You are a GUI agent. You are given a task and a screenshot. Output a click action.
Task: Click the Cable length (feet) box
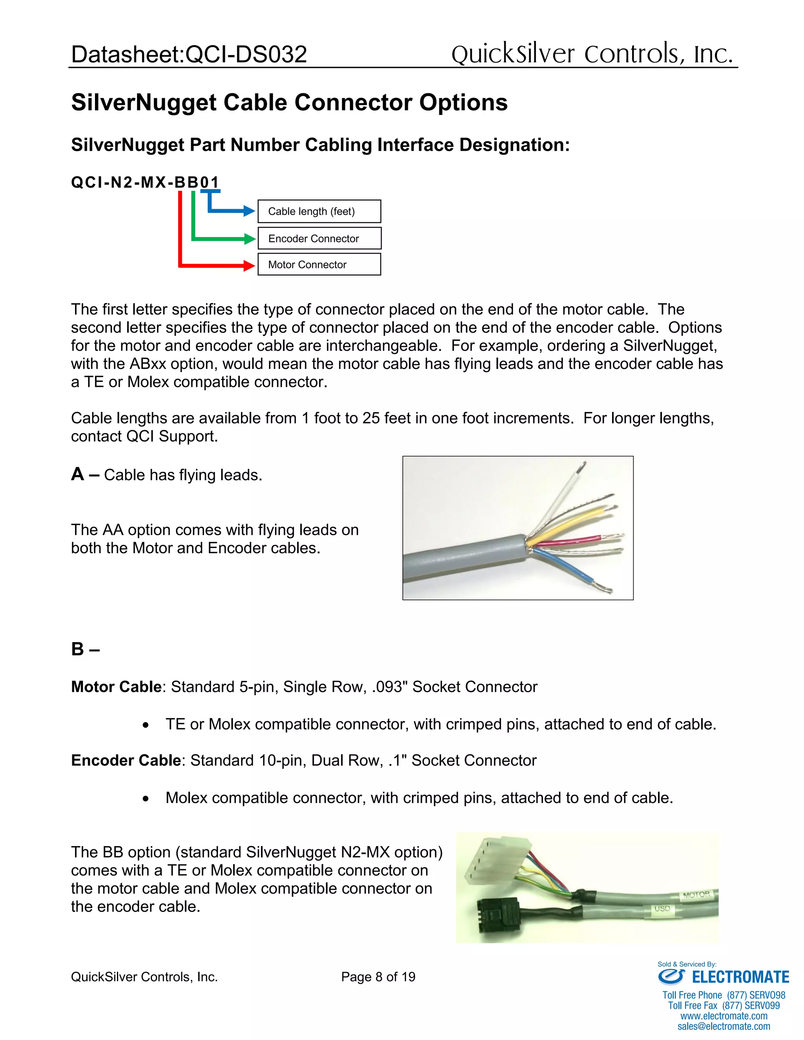tap(319, 212)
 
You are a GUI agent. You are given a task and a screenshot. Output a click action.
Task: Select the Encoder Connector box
tap(319, 238)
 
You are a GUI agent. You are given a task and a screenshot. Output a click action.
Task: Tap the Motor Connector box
tap(319, 264)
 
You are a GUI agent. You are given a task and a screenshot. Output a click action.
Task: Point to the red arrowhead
tap(249, 265)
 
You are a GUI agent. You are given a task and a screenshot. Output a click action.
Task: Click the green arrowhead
tap(250, 239)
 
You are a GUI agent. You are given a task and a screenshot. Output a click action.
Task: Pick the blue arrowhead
tap(249, 210)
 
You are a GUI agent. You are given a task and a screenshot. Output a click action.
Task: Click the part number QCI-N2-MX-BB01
tap(145, 182)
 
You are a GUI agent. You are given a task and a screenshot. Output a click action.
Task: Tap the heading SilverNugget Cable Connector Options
tap(289, 102)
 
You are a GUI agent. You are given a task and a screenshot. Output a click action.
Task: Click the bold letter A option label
tap(78, 474)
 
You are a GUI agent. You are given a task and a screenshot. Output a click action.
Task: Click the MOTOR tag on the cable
tap(696, 895)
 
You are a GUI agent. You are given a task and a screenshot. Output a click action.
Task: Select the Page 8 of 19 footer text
tap(378, 977)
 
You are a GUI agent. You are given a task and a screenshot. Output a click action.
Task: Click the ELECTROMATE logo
tap(724, 977)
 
